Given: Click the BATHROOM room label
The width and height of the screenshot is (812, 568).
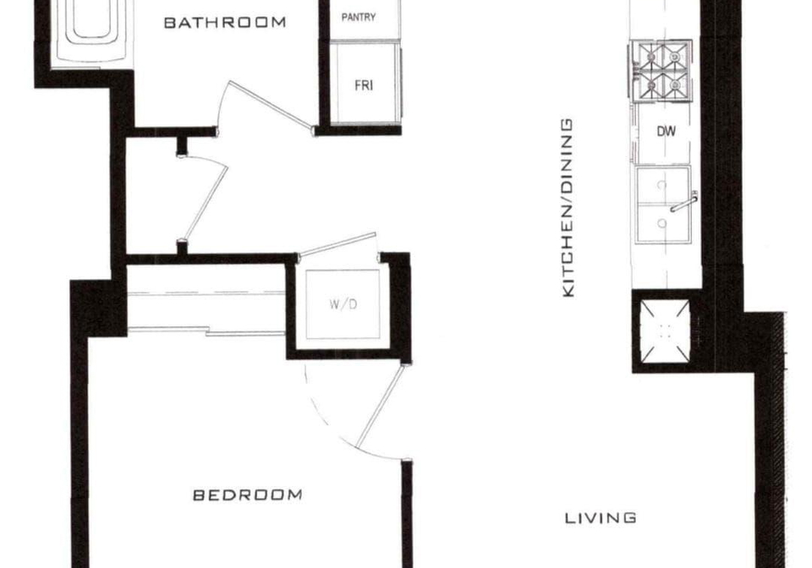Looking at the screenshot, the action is pyautogui.click(x=225, y=22).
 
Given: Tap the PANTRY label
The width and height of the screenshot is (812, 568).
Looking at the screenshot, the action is pyautogui.click(x=359, y=17).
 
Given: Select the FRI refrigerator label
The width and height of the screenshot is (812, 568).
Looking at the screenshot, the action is pyautogui.click(x=364, y=85).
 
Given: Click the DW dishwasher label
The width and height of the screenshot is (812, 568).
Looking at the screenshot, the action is pyautogui.click(x=666, y=131).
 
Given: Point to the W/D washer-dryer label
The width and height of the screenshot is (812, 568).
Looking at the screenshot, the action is pyautogui.click(x=343, y=304).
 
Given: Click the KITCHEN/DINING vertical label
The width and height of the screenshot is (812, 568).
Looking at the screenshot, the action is pyautogui.click(x=568, y=208).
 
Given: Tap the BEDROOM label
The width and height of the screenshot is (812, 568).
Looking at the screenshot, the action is pyautogui.click(x=248, y=495).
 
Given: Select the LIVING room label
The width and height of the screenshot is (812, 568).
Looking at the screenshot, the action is pyautogui.click(x=601, y=518).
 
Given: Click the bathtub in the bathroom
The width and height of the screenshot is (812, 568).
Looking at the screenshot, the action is pyautogui.click(x=91, y=31).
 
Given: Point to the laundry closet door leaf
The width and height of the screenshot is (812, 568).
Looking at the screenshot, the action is pyautogui.click(x=337, y=243).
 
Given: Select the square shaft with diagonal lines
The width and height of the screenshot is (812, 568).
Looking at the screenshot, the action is pyautogui.click(x=666, y=331).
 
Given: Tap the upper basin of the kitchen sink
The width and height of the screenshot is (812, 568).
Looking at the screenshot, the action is pyautogui.click(x=663, y=185).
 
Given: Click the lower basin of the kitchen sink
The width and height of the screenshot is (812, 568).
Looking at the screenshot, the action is pyautogui.click(x=663, y=223).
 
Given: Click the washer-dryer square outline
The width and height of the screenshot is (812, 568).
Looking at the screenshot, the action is pyautogui.click(x=343, y=304).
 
